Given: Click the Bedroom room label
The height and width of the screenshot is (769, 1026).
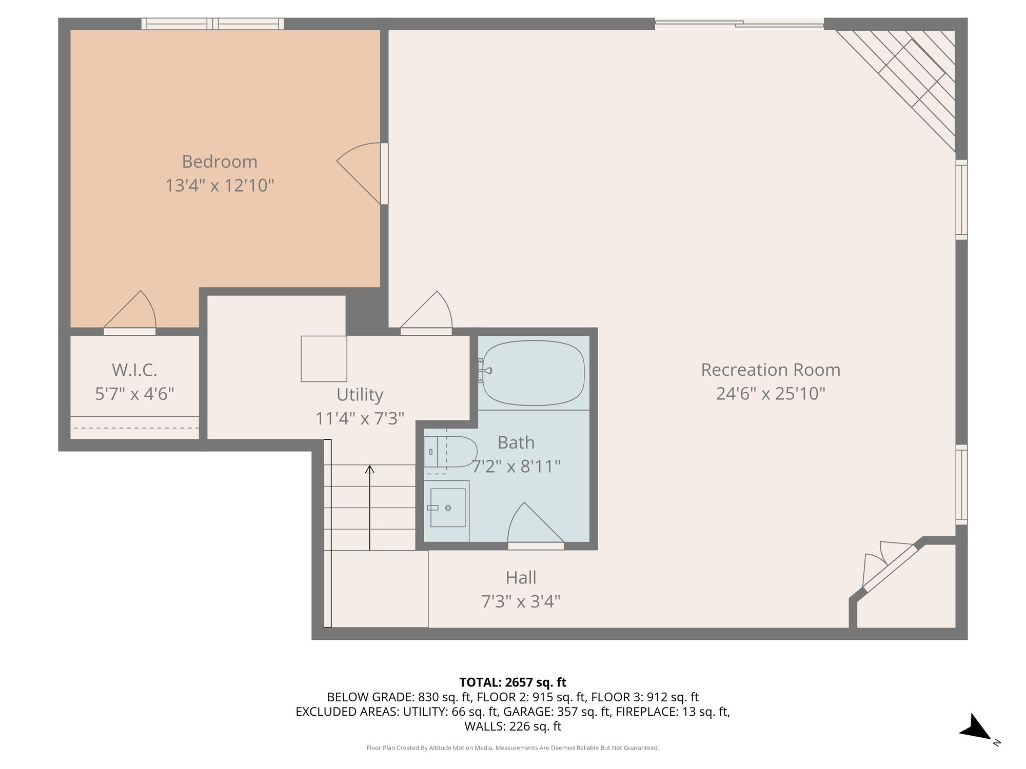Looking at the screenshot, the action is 220,161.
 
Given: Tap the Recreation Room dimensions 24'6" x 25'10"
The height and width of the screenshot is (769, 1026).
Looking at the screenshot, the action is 771,394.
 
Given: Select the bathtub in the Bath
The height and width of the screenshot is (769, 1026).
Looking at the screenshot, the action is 534,373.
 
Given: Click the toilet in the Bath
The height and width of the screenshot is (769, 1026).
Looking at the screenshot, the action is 450,452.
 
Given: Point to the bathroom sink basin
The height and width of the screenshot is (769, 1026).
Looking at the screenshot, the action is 447,508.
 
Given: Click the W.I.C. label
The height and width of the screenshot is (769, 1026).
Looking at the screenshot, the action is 134,370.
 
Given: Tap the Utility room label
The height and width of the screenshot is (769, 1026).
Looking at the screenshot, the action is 360,395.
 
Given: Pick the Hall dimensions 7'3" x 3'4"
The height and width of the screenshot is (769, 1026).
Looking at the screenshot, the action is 521,601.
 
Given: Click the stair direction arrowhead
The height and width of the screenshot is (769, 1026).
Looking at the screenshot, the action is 369,469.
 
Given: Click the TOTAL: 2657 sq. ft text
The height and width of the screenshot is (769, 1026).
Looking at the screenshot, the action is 512,682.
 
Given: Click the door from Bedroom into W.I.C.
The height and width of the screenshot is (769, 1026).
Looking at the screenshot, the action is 130,312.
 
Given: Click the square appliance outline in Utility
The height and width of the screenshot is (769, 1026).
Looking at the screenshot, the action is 324,359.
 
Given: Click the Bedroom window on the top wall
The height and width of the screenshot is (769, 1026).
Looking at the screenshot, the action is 212,24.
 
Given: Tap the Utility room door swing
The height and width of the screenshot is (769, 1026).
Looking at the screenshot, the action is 426,312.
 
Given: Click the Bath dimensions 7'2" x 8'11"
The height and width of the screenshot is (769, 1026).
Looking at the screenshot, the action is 516,467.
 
